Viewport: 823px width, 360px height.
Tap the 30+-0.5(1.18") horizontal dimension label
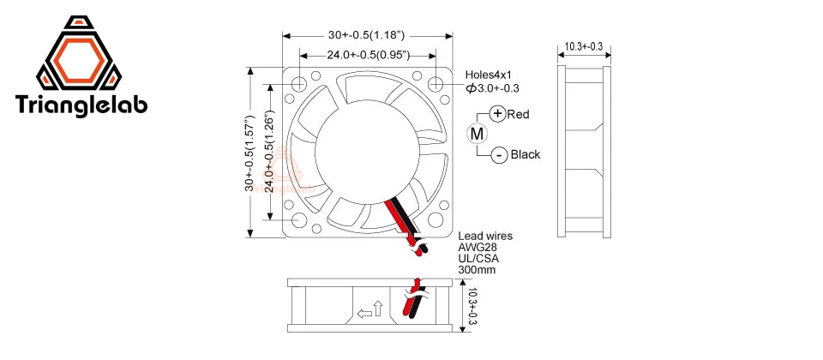click(366, 35)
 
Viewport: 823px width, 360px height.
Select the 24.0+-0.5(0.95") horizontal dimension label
click(366, 56)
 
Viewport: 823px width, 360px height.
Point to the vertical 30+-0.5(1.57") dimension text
click(249, 153)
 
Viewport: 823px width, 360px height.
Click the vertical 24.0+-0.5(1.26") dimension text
click(269, 153)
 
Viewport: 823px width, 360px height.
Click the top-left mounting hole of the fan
click(299, 85)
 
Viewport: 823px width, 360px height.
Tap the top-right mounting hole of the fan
click(435, 85)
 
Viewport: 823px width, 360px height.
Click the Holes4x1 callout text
click(491, 75)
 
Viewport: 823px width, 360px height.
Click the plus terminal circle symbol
click(498, 114)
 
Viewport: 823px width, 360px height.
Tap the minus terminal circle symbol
click(499, 155)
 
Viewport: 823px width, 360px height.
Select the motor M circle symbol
click(477, 134)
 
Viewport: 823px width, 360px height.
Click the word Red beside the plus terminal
click(520, 114)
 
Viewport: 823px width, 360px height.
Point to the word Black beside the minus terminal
click(526, 155)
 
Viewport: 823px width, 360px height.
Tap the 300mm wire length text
click(478, 270)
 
